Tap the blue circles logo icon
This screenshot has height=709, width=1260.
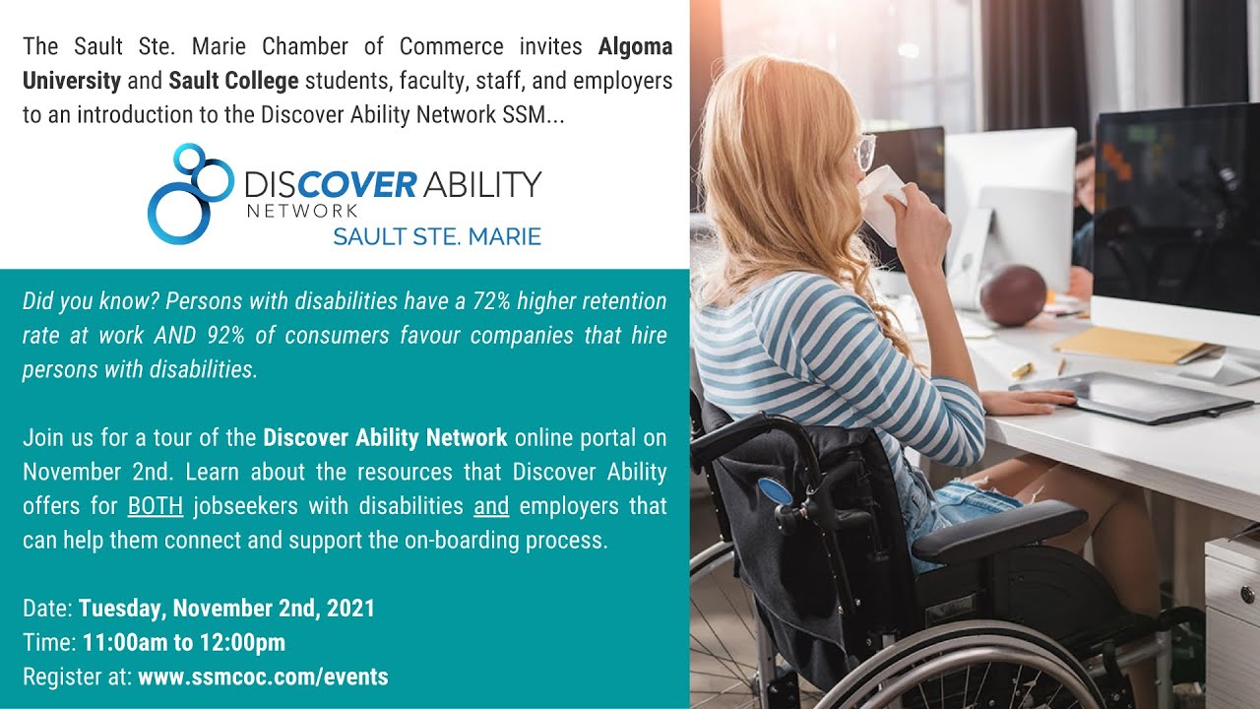pyautogui.click(x=189, y=193)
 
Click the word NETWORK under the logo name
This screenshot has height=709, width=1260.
pyautogui.click(x=301, y=210)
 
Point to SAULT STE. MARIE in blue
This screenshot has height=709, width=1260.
pyautogui.click(x=436, y=237)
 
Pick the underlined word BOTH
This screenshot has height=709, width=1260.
pyautogui.click(x=156, y=506)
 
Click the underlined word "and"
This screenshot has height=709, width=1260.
pyautogui.click(x=491, y=506)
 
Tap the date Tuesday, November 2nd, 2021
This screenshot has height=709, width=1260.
pyautogui.click(x=226, y=609)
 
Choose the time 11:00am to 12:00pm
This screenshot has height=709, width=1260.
pyautogui.click(x=184, y=643)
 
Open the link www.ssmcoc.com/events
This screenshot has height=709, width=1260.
pyautogui.click(x=263, y=677)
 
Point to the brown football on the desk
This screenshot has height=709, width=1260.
pyautogui.click(x=1013, y=294)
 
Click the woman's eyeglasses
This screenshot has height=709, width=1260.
pyautogui.click(x=864, y=153)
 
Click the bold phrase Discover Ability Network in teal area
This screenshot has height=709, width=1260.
pyautogui.click(x=385, y=438)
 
